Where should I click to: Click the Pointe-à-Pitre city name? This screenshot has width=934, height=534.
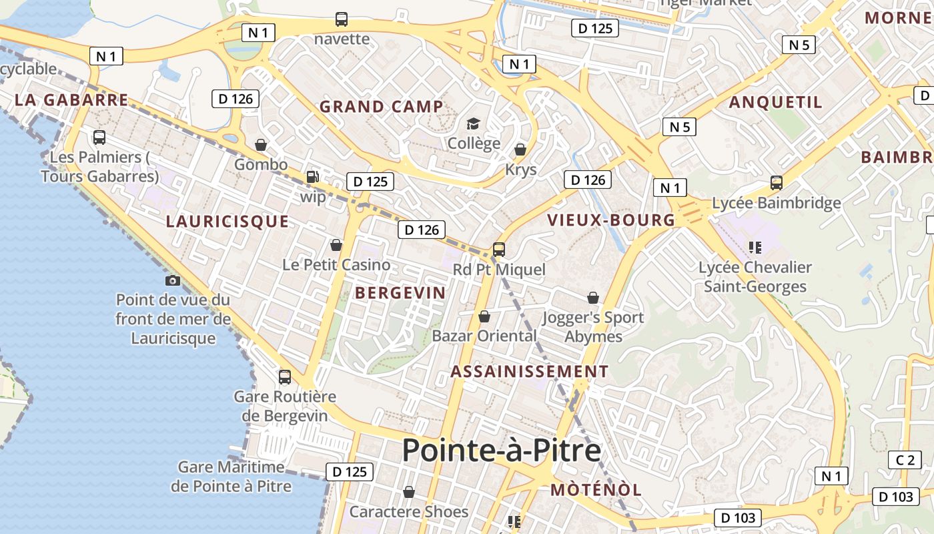pos(502,451)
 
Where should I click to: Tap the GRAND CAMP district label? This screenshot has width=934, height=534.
pos(381,106)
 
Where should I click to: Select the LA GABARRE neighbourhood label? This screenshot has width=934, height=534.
pos(71,100)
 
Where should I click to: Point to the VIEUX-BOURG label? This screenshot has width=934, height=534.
pos(611,220)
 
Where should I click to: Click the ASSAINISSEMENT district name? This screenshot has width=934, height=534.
pos(530,372)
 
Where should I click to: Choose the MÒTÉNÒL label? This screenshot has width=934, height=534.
pos(596,490)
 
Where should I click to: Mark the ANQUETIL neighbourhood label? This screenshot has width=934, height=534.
pos(775,102)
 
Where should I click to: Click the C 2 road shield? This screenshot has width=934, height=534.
pos(905,460)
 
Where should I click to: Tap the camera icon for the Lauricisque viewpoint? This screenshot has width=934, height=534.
pos(173,280)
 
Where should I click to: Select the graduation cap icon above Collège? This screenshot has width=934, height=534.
pos(474,123)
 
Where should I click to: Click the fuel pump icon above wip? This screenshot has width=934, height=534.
pos(312,177)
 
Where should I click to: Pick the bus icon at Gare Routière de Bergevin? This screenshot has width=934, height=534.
pos(285,376)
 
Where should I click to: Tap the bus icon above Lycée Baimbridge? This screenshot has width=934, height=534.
pos(777,182)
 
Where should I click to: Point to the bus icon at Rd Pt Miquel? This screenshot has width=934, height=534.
pos(499,250)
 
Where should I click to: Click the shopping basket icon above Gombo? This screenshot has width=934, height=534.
pos(261,145)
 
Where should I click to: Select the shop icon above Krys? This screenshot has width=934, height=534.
pos(520,150)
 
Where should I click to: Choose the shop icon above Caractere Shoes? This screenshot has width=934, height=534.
pos(409,493)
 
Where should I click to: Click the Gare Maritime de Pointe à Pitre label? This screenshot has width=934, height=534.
pos(231,477)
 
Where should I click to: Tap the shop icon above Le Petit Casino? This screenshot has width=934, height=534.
pos(336,245)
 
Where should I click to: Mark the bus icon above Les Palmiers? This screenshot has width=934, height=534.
pos(99,138)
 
